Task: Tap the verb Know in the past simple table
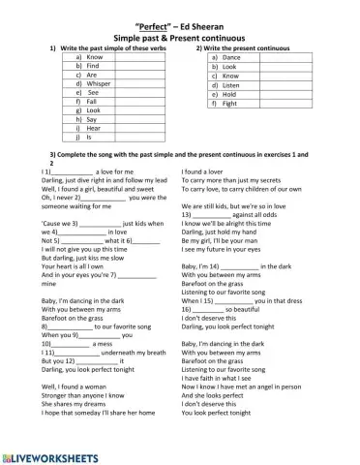pos(95,57)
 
